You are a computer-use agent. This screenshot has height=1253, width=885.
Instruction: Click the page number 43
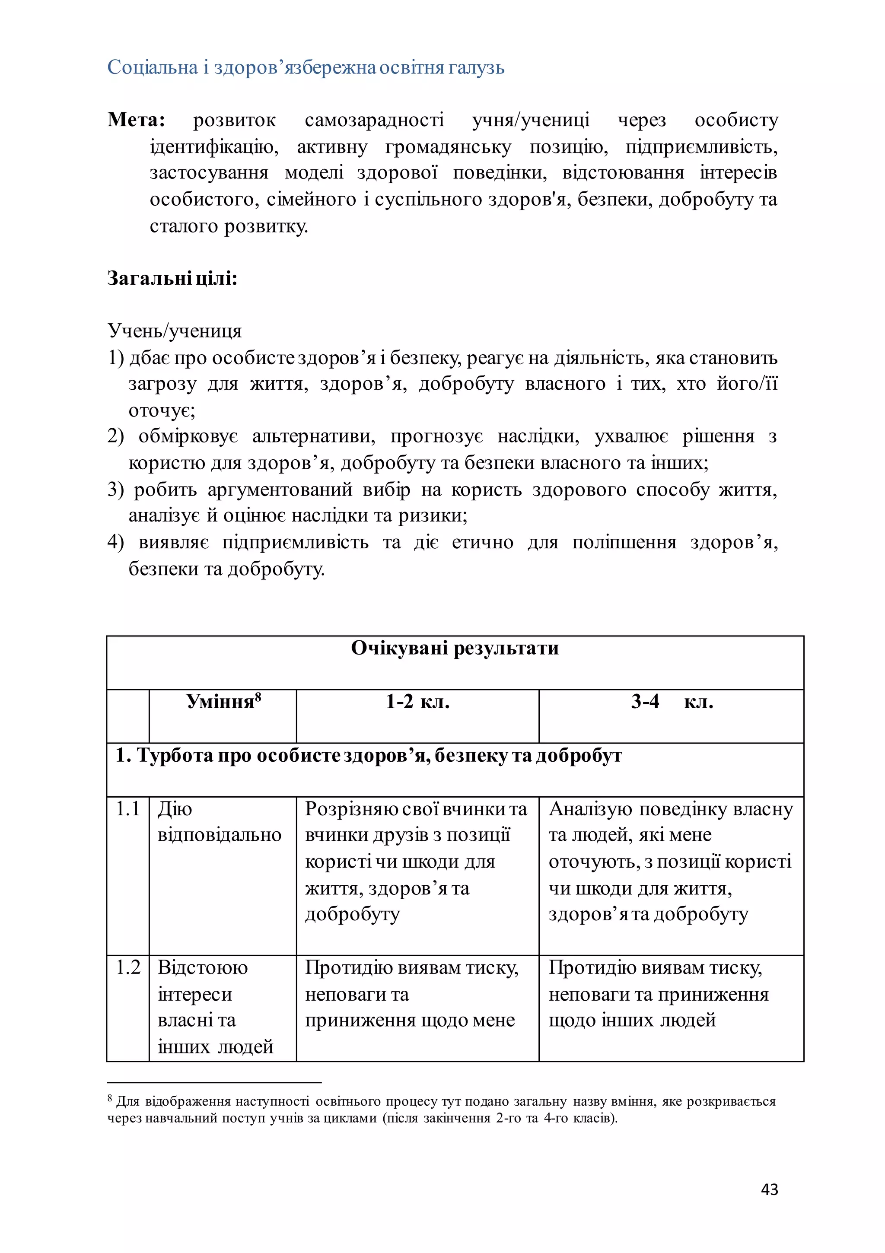pyautogui.click(x=769, y=1189)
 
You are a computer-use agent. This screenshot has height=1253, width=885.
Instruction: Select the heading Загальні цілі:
pyautogui.click(x=172, y=279)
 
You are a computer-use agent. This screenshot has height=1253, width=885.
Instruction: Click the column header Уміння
pyautogui.click(x=220, y=702)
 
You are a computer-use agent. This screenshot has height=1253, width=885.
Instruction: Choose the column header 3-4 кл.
pyautogui.click(x=671, y=701)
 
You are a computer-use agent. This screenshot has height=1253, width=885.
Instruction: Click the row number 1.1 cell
pyautogui.click(x=128, y=809)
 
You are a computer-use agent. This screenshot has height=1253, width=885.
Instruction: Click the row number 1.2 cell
pyautogui.click(x=128, y=967)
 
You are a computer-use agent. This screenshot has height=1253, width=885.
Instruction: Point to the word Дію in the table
pyautogui.click(x=175, y=809)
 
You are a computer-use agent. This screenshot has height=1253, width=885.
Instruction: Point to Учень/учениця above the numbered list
pyautogui.click(x=174, y=331)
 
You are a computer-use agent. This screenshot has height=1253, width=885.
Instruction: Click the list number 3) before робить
pyautogui.click(x=116, y=490)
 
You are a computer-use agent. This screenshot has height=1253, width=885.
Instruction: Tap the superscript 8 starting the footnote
pyautogui.click(x=110, y=1097)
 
